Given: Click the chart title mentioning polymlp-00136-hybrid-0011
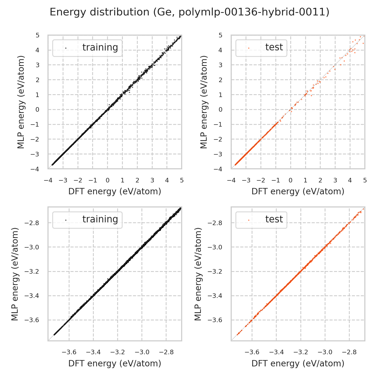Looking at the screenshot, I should (189, 12).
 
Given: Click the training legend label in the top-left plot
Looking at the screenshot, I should (100, 48).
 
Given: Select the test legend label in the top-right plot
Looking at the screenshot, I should (274, 47).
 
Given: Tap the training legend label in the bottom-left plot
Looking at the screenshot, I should (100, 219).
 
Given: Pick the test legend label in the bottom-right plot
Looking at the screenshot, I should (274, 219).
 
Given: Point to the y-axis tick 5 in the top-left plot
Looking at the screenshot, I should (38, 35).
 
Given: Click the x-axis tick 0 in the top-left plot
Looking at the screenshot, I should (108, 180).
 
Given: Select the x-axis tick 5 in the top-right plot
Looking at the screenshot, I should (365, 180).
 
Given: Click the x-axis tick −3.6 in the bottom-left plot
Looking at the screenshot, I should (69, 352).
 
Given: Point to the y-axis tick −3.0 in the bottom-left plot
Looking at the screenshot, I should (32, 247).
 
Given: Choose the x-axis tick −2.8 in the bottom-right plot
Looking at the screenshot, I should (349, 352).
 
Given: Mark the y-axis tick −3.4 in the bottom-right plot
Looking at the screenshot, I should (215, 296).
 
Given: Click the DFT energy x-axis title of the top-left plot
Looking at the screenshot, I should (115, 192).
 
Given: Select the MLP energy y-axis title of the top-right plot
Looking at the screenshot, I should (204, 102).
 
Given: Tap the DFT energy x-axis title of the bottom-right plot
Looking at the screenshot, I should (298, 363).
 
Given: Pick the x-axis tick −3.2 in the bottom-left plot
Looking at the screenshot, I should (117, 352).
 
